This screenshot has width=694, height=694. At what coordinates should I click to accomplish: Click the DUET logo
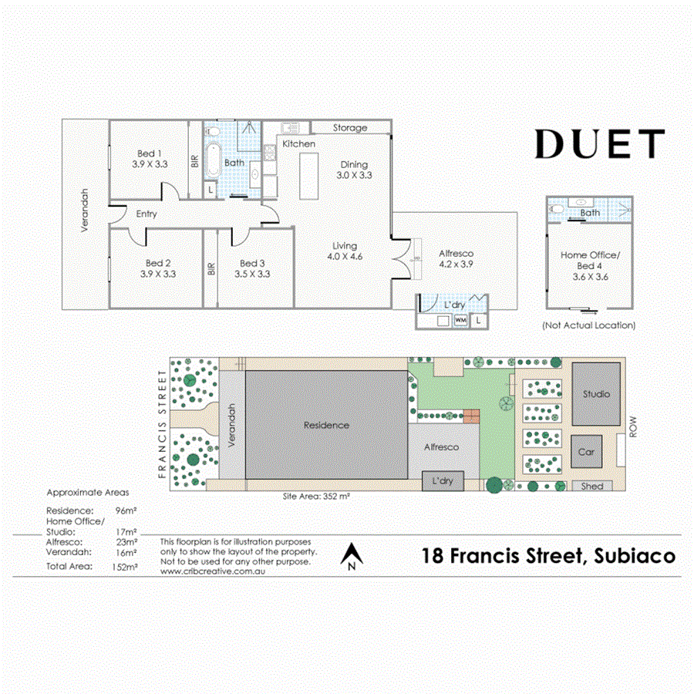pos(599,144)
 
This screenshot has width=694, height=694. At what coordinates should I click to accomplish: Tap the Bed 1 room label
pos(149,158)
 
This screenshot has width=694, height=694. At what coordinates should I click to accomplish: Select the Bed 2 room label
pos(158,268)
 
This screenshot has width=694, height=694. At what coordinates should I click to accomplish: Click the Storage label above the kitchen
pos(350,127)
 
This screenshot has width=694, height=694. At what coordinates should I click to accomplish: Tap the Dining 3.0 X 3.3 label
pos(355,170)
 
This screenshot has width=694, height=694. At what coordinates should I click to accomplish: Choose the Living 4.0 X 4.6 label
pos(344,251)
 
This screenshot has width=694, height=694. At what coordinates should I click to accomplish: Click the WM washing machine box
pos(460,319)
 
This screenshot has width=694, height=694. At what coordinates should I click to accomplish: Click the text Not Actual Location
pos(589,325)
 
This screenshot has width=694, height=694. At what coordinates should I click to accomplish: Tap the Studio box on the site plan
pos(596,394)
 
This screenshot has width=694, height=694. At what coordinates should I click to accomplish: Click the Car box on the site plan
pos(586,452)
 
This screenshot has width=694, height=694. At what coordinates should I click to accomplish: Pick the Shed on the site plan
pos(592,486)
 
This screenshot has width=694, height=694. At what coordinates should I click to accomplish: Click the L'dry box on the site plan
pos(443,481)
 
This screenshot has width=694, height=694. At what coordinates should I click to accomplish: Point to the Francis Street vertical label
pos(162,424)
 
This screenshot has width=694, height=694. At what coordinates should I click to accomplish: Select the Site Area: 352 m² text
pos(316,497)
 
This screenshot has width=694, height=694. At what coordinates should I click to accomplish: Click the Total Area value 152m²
pos(125,566)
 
